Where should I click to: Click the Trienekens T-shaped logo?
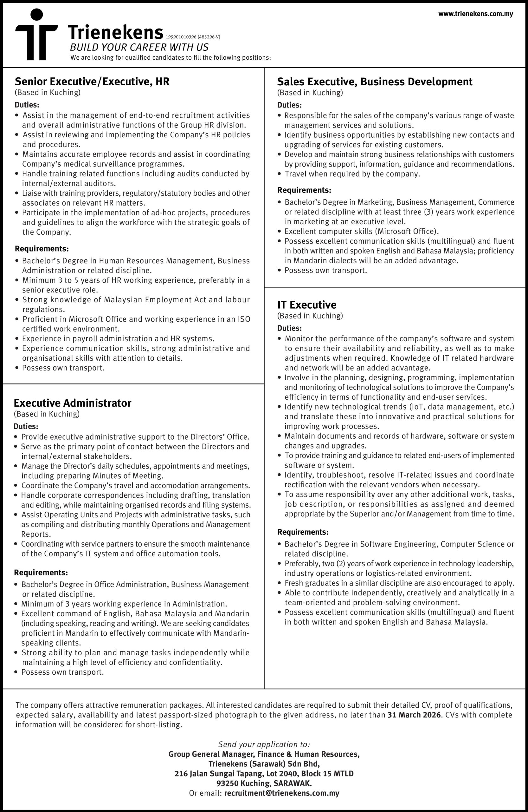point(36,35)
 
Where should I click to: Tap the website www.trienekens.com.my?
point(475,14)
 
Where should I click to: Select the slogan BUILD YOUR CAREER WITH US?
point(139,48)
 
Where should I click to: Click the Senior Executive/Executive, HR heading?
point(92,82)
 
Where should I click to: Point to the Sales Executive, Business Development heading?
point(375,82)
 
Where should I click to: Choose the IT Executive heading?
point(306,305)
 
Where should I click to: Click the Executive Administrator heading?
point(72,403)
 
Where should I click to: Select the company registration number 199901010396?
point(181,37)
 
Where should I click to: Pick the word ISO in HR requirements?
point(244,319)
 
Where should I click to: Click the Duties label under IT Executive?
point(289,328)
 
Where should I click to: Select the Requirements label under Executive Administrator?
point(41,573)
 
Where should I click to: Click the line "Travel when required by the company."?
point(352,174)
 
